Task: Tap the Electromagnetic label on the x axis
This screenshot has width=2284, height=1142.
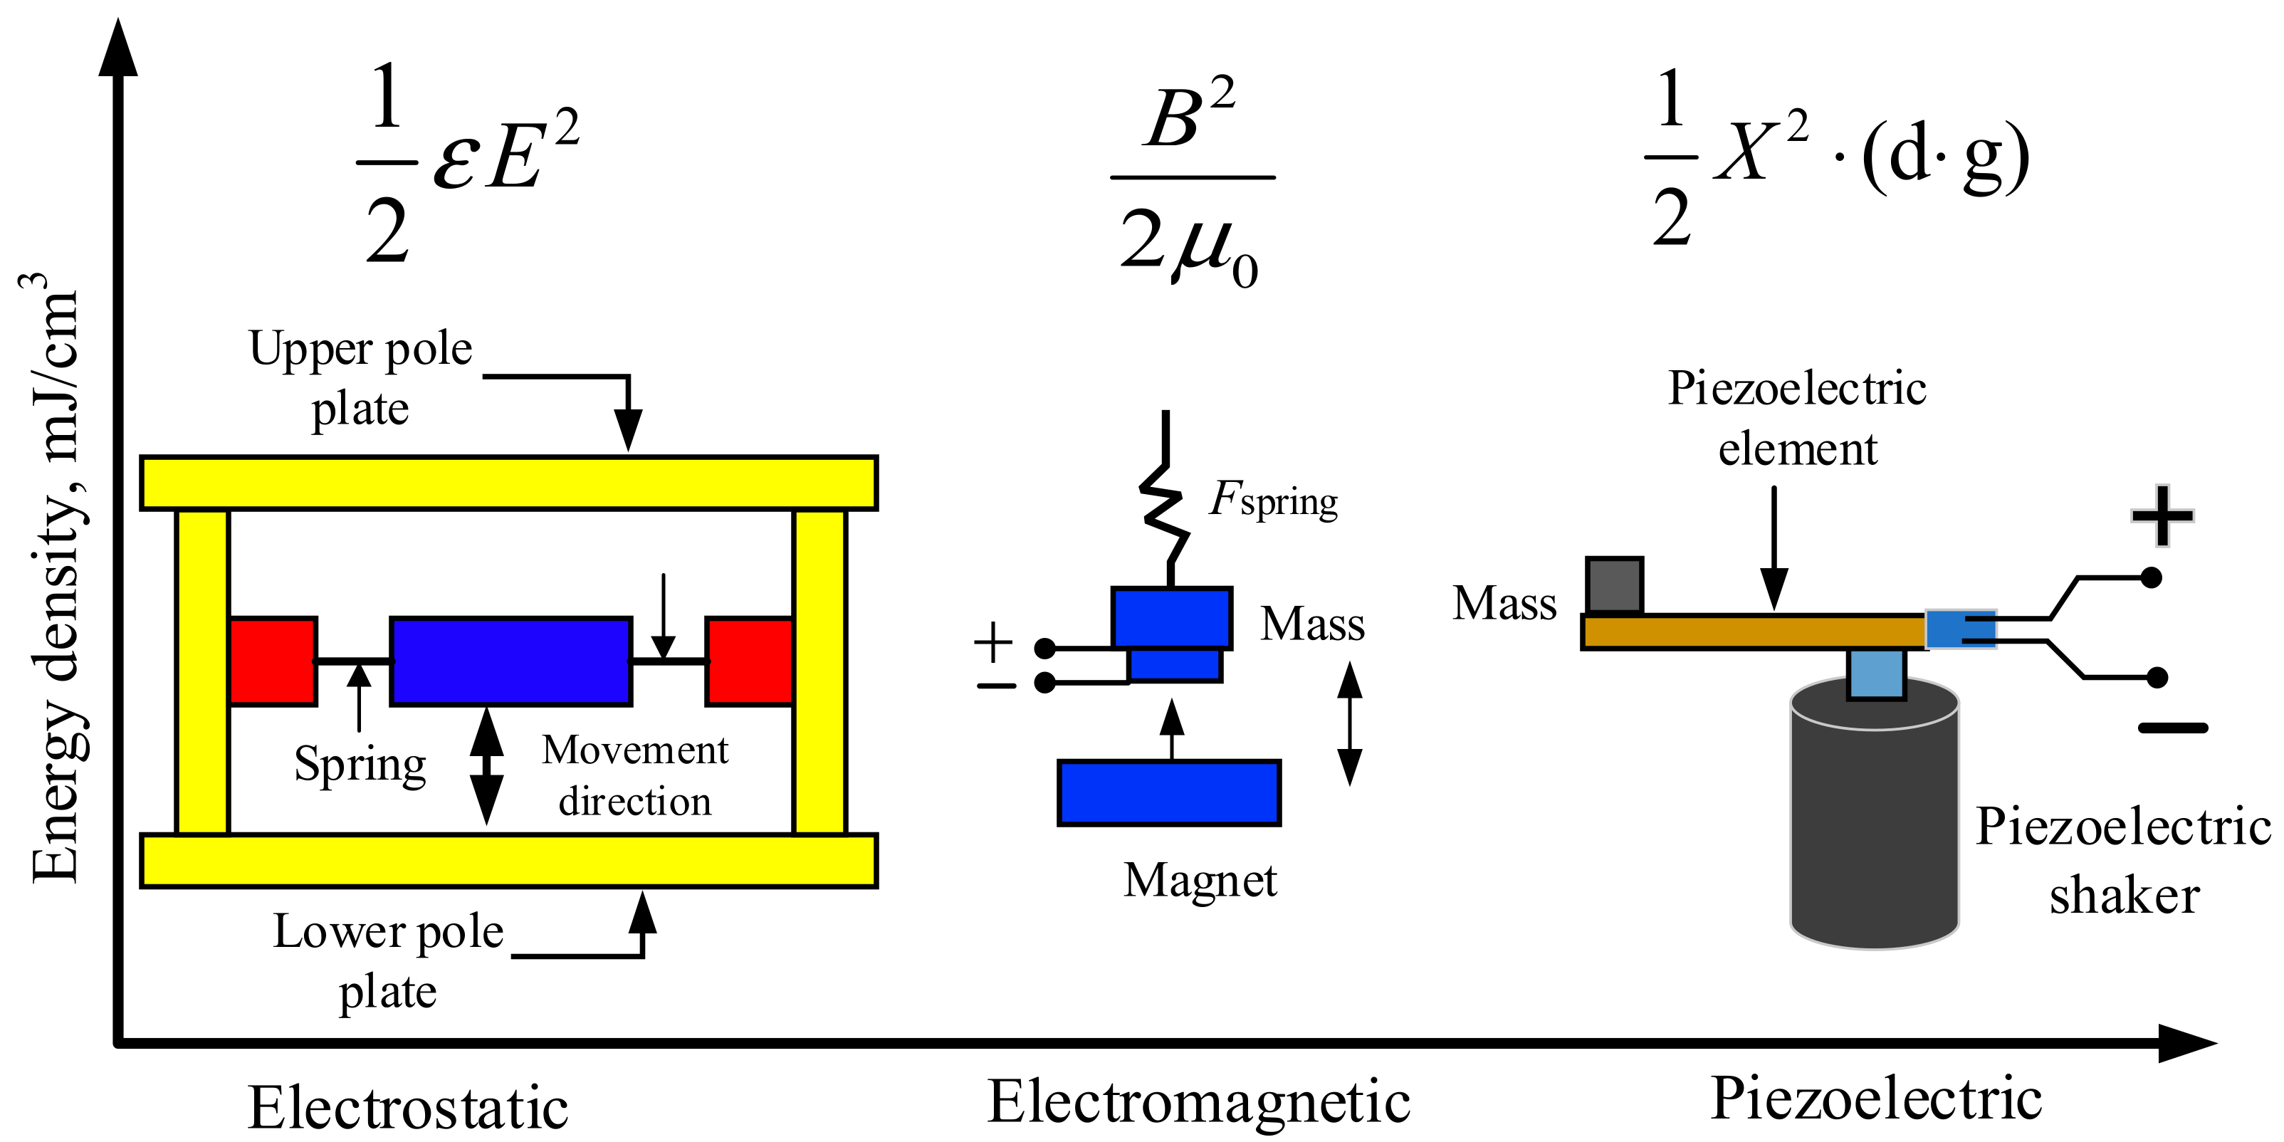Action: (x=1199, y=1102)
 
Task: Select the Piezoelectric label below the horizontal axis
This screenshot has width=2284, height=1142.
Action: (x=1876, y=1099)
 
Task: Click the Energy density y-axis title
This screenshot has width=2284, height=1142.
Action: (x=55, y=576)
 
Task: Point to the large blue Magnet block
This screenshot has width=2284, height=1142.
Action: (x=1168, y=792)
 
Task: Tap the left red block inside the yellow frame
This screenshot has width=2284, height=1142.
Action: (x=272, y=661)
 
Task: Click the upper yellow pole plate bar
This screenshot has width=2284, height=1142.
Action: (x=509, y=483)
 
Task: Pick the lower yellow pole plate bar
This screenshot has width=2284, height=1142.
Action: (x=509, y=860)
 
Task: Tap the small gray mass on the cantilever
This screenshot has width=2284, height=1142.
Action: (x=1614, y=586)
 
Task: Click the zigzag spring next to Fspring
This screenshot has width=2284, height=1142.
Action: (x=1163, y=514)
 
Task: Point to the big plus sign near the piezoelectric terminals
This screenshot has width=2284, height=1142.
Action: (x=2162, y=515)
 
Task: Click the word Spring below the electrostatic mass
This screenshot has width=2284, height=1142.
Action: (x=360, y=763)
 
